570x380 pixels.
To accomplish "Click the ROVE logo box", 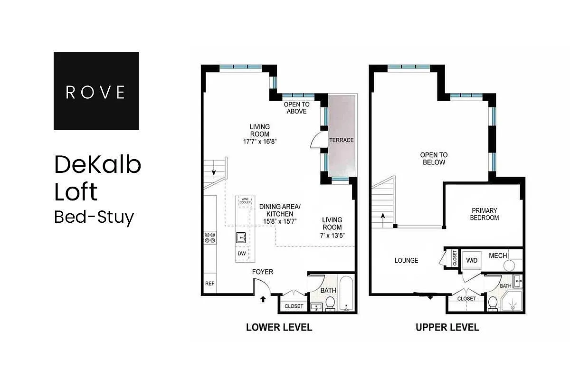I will click(96, 91).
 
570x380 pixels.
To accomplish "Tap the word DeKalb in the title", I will click(98, 165).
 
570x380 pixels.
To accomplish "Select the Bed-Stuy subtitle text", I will click(94, 217).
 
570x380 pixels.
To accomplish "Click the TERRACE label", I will click(342, 140).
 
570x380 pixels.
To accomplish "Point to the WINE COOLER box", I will click(245, 201).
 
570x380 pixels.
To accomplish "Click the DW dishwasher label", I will click(242, 254).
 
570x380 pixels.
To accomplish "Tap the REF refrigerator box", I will click(209, 284).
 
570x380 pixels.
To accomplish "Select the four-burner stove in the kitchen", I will click(210, 237).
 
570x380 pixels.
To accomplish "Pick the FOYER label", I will click(262, 272).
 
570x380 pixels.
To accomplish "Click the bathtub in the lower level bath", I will click(347, 293).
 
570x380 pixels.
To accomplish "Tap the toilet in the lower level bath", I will click(330, 303).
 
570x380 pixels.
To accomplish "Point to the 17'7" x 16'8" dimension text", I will click(260, 141).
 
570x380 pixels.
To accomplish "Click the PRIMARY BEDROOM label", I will click(484, 214).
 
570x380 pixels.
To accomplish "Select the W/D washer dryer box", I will click(472, 261).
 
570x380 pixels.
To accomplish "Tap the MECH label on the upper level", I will click(498, 256).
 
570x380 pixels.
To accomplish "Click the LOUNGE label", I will click(407, 260).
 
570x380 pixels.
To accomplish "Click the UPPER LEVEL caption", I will click(447, 327).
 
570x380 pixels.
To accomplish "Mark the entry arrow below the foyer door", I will click(264, 299).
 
